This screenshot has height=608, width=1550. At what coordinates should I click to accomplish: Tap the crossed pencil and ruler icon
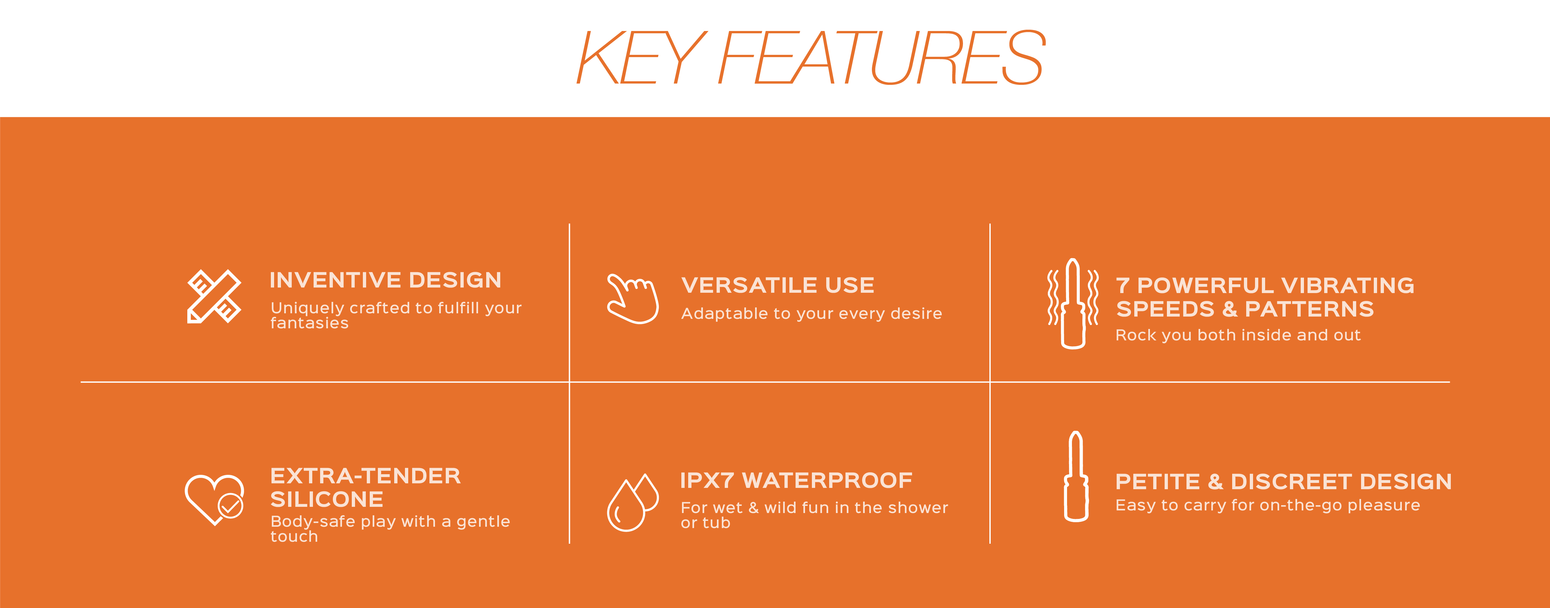214,296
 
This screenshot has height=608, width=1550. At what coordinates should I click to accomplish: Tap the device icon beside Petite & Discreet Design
1076,476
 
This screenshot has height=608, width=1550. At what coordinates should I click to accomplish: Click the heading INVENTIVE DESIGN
385,280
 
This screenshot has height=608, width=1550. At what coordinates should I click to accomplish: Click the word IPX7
707,480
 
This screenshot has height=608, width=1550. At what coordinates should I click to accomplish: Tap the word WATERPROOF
827,480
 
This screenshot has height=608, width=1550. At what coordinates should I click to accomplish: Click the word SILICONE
327,499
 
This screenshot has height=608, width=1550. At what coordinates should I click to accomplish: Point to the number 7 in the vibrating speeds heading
1123,285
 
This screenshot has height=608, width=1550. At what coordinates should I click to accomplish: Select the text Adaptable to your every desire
811,314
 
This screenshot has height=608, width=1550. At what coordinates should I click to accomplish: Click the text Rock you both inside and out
1238,335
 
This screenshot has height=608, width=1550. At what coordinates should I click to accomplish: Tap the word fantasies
309,323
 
